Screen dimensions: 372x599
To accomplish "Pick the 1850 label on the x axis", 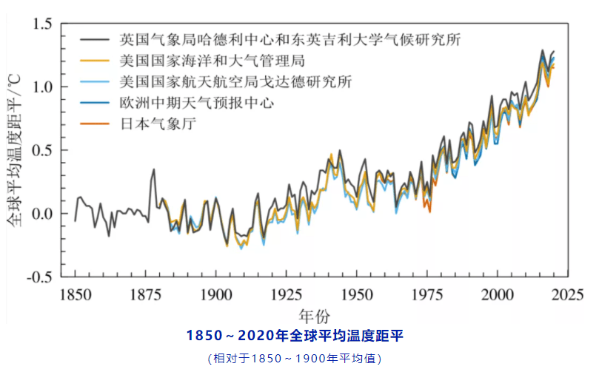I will [x=76, y=294].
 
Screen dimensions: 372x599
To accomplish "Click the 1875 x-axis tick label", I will [x=146, y=294].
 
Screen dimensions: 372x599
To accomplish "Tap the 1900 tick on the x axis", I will [x=216, y=294].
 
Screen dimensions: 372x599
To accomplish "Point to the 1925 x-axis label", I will [x=287, y=294].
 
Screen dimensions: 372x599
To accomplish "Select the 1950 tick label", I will [x=357, y=294].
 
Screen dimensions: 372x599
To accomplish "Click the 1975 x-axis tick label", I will [x=427, y=294].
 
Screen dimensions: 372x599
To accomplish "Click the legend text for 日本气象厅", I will [x=160, y=124].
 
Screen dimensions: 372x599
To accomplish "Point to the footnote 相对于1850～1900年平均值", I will [x=295, y=359].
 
